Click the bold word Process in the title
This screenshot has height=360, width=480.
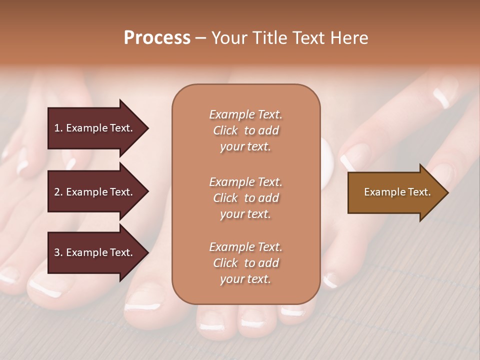[157, 38]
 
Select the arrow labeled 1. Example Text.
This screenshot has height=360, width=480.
[93, 128]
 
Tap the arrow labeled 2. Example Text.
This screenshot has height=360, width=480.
[93, 192]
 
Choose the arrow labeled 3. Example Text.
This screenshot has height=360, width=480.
[93, 252]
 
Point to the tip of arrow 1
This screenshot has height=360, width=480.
[147, 128]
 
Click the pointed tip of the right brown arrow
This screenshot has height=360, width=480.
[447, 192]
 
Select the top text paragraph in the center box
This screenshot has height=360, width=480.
[245, 130]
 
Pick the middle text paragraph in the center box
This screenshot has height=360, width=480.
[245, 198]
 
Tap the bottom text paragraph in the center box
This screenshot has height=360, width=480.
[245, 263]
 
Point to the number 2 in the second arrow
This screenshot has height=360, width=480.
[56, 192]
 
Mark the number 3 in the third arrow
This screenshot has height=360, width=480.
[56, 252]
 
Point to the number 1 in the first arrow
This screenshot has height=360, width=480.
[56, 128]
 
